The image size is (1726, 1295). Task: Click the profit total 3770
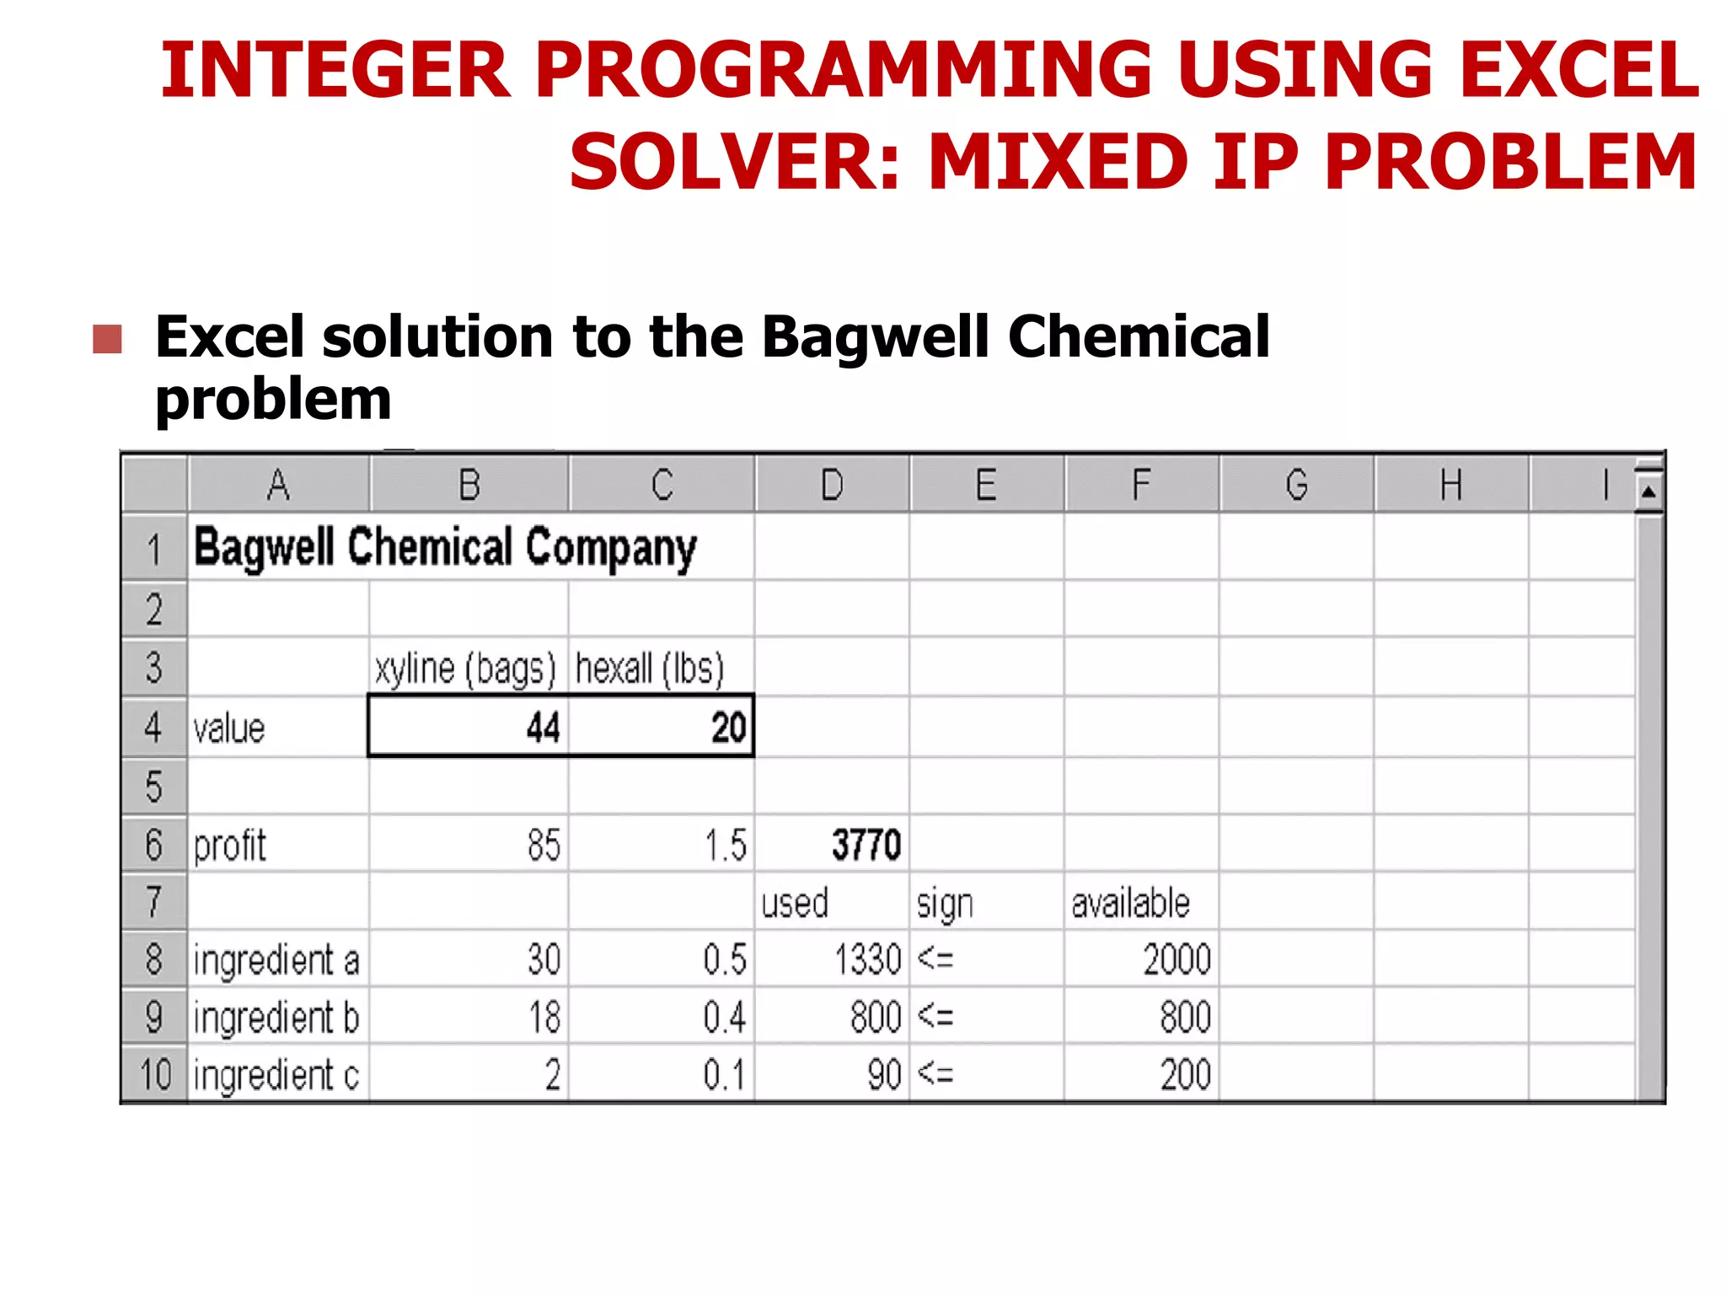click(866, 845)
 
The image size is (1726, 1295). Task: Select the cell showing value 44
click(543, 728)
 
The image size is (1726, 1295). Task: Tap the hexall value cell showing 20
click(728, 728)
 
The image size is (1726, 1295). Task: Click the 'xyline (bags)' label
click(465, 669)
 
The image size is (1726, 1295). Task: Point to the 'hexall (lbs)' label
click(649, 669)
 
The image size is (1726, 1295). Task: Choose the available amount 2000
click(1177, 959)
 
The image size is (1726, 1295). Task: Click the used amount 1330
click(867, 959)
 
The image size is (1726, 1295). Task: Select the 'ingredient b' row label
click(276, 1018)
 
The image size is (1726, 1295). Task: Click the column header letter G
click(1296, 485)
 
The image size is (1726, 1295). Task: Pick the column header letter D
click(832, 485)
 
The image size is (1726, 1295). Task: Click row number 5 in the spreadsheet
click(153, 787)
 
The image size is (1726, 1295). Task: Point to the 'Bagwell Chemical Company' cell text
click(445, 548)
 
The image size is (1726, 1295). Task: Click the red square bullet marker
click(107, 340)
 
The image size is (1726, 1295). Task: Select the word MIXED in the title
click(1058, 162)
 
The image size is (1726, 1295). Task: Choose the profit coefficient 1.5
click(725, 845)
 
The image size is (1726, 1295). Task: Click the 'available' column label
click(1130, 903)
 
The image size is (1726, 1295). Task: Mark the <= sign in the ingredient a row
click(935, 959)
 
